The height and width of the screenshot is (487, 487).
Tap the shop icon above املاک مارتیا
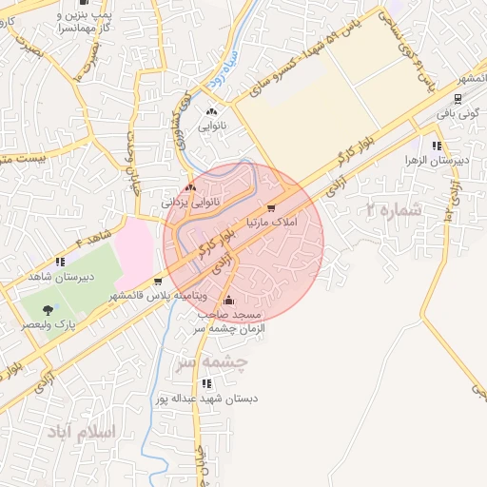click(x=271, y=207)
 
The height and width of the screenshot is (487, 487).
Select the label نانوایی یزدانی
click(x=192, y=202)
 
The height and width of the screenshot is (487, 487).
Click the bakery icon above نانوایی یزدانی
click(x=192, y=188)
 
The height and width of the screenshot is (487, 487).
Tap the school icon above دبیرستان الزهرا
click(x=437, y=146)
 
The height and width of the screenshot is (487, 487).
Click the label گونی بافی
click(x=456, y=112)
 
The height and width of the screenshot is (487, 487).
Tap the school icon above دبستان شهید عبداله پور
click(x=206, y=384)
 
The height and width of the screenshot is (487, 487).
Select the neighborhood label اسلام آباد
click(x=80, y=432)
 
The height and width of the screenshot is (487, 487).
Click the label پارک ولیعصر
click(x=50, y=323)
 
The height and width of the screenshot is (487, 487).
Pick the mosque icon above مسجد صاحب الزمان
click(x=228, y=302)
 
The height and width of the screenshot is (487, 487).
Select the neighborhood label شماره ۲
click(x=394, y=209)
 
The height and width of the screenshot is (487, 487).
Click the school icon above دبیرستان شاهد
click(x=60, y=262)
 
